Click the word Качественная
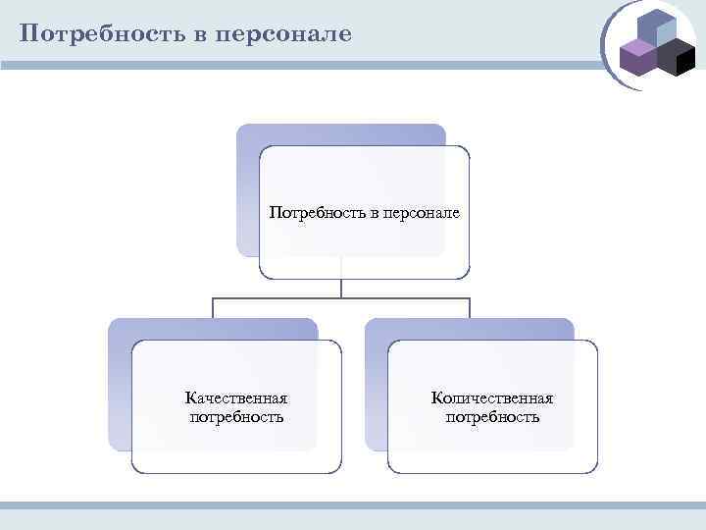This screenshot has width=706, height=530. (x=236, y=398)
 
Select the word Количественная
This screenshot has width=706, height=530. (x=492, y=398)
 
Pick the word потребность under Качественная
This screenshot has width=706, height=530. (x=236, y=417)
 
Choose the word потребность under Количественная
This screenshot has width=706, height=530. (x=492, y=417)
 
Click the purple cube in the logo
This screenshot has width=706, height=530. (x=638, y=58)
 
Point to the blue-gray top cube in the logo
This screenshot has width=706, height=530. (x=655, y=27)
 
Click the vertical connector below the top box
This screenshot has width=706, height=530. (x=341, y=287)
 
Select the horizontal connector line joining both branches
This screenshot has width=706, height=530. (x=341, y=297)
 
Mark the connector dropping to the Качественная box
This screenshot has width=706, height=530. (x=214, y=307)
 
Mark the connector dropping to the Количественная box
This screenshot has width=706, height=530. (x=470, y=307)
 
